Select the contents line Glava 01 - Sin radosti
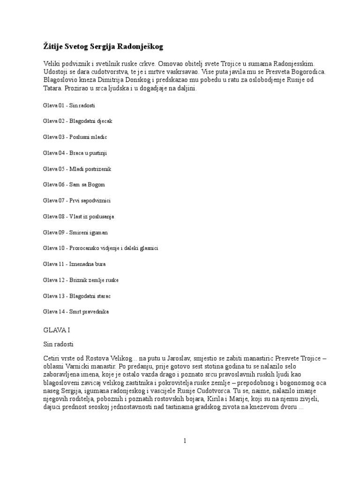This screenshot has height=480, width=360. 69,105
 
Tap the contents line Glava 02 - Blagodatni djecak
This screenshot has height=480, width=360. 77,121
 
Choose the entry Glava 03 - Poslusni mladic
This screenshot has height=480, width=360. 75,137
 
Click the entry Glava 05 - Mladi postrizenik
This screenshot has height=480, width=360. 77,169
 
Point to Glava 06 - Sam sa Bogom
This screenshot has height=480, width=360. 74,185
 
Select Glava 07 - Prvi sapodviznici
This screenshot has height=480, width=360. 76,201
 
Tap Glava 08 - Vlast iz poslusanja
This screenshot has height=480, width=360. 78,217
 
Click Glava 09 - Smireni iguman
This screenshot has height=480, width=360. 75,232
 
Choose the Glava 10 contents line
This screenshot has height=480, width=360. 104,248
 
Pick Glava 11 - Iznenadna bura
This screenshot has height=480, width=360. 74,264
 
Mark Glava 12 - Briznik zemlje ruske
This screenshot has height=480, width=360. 81,280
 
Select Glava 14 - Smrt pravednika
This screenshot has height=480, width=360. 76,312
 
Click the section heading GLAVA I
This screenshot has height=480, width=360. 56,330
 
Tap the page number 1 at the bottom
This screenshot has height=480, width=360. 185,441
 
